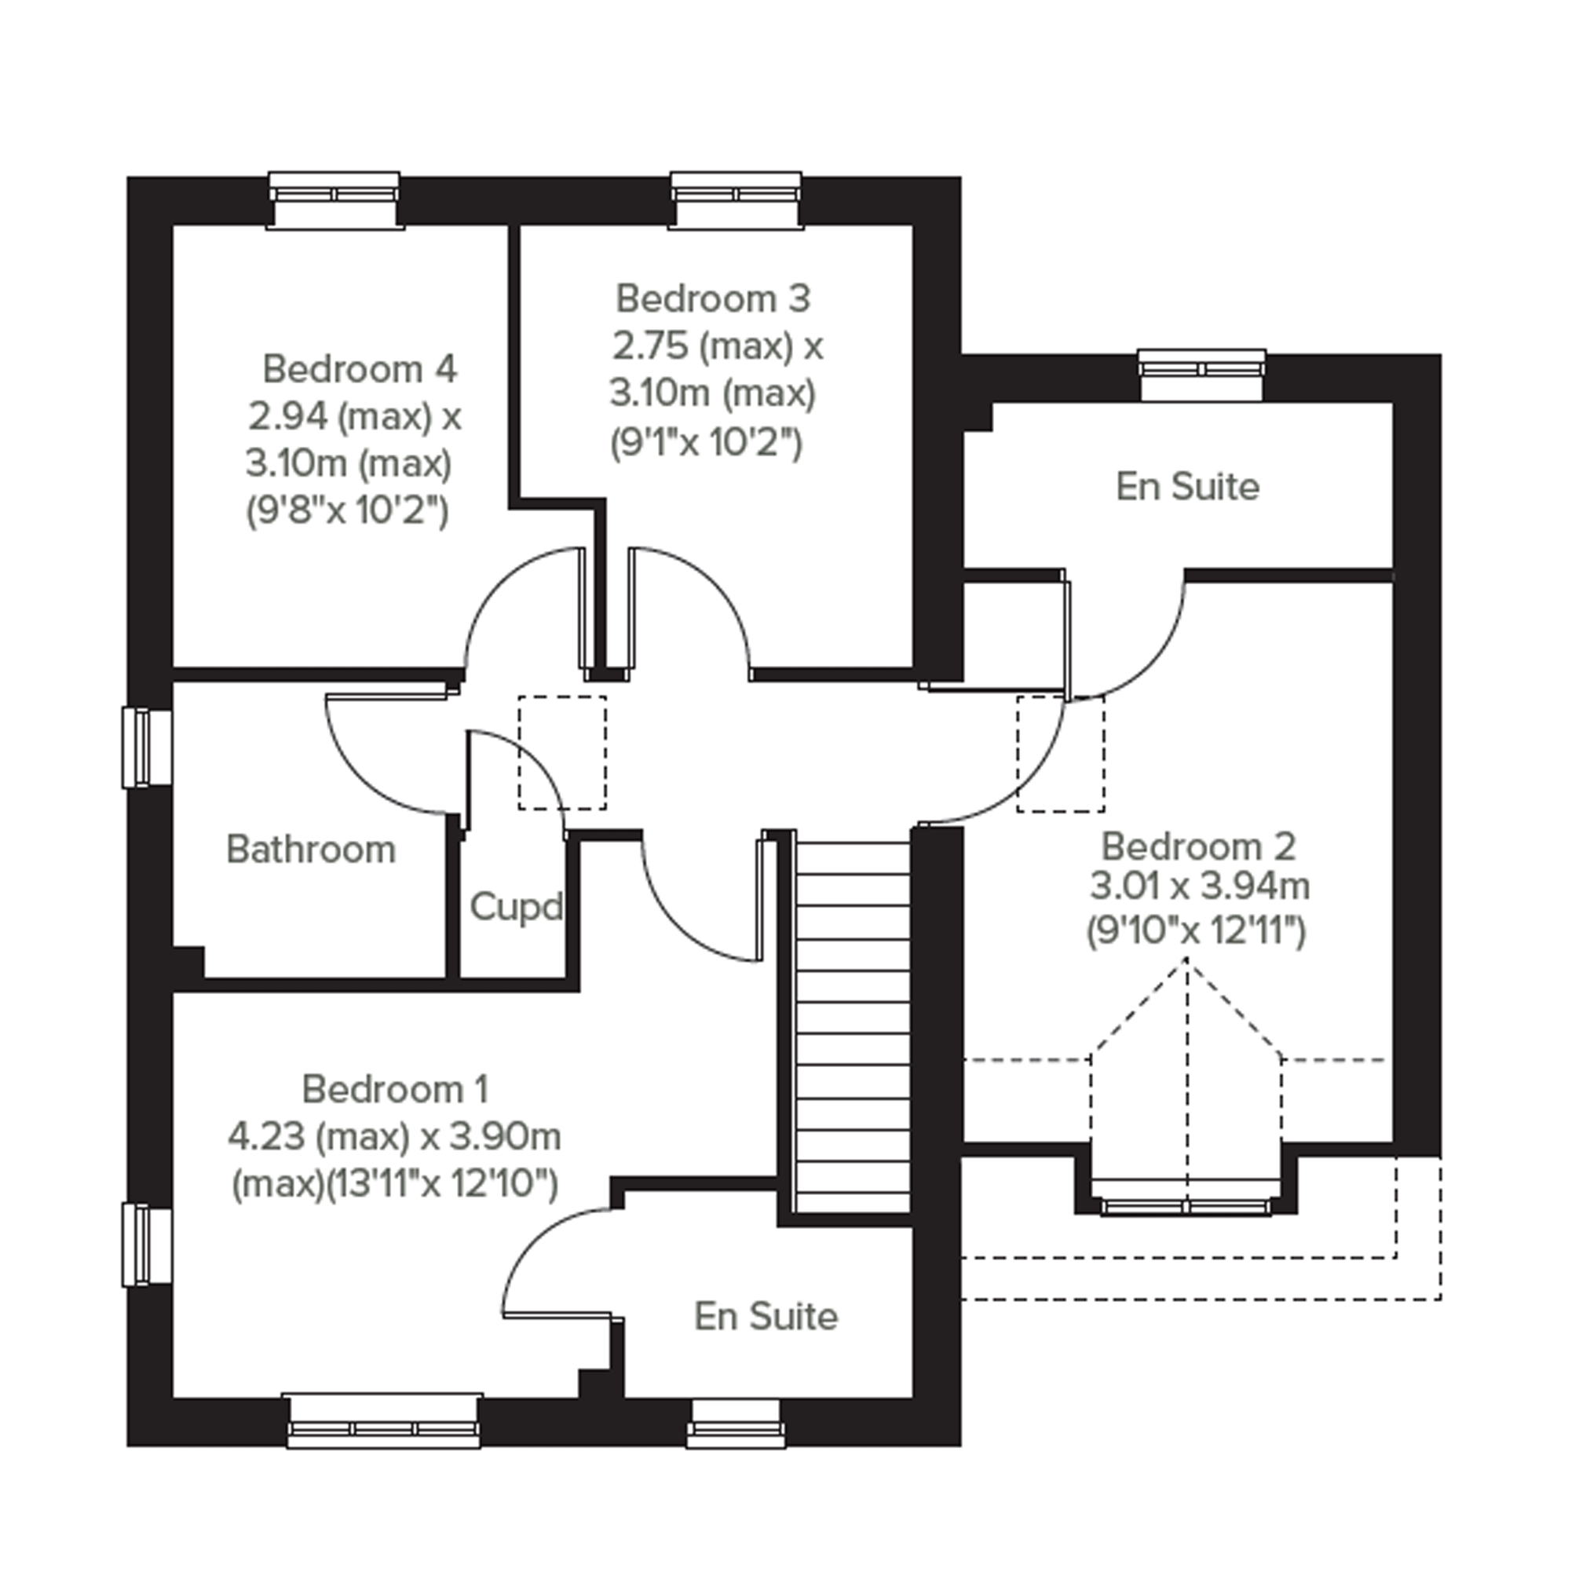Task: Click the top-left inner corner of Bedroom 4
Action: point(173,225)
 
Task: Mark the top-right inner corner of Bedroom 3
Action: point(912,225)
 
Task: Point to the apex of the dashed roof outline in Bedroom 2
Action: point(1186,959)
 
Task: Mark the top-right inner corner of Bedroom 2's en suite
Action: point(1392,404)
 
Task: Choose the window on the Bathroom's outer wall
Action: point(148,747)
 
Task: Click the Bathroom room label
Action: point(311,850)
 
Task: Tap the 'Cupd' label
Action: point(516,907)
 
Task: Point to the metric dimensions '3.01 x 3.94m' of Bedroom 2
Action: point(1200,886)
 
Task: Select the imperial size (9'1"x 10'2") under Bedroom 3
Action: point(706,444)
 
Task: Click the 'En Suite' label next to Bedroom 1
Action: point(766,1316)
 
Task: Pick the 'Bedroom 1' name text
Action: point(396,1090)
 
